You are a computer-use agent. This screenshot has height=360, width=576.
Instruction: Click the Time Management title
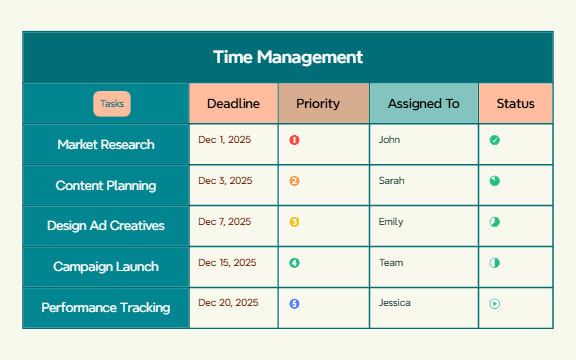[x=287, y=57]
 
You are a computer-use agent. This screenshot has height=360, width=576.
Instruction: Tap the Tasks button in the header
[x=112, y=103]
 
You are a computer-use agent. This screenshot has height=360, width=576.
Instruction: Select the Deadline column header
[x=233, y=103]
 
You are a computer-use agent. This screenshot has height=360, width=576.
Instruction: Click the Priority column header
[x=318, y=103]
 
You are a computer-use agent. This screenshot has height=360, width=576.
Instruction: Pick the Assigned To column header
[x=423, y=103]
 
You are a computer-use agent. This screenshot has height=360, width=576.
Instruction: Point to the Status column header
[x=516, y=103]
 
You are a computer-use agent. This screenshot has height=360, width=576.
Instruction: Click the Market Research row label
[x=106, y=144]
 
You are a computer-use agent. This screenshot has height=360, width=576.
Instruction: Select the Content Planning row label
[x=106, y=185]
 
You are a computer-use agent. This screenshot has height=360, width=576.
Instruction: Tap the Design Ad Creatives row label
[x=106, y=226]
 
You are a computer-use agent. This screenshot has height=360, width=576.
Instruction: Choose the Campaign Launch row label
[x=106, y=267]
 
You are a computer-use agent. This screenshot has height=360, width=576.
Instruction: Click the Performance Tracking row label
[x=106, y=308]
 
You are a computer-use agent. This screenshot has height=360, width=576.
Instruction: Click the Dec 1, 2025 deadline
[x=225, y=140]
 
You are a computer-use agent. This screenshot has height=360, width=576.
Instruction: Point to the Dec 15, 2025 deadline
[x=227, y=262]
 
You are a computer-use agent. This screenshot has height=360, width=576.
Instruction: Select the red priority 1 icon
[x=294, y=140]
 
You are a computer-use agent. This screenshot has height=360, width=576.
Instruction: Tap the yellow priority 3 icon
[x=294, y=222]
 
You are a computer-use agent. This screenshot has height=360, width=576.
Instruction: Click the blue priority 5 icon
[x=294, y=303]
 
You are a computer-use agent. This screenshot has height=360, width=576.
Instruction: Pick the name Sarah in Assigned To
[x=391, y=181]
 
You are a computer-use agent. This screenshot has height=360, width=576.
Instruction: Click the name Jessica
[x=395, y=302]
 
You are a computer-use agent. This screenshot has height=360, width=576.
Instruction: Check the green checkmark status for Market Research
[x=494, y=140]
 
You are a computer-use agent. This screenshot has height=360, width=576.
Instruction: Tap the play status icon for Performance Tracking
[x=494, y=303]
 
